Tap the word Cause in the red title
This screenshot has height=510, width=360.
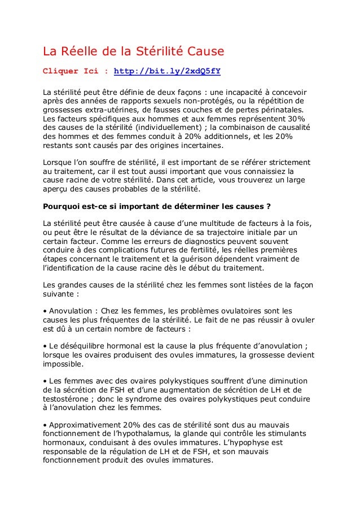point(204,52)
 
